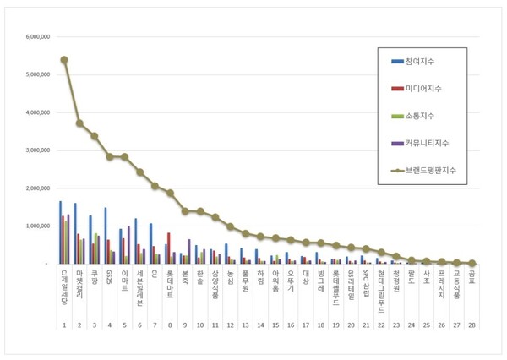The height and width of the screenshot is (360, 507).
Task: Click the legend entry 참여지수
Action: tap(422, 62)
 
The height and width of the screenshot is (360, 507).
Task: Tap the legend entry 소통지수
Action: tap(422, 116)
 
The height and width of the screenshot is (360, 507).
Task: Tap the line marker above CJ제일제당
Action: tap(64, 60)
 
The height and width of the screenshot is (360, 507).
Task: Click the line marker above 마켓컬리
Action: tap(79, 123)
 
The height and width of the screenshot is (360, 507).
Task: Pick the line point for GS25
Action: tap(109, 156)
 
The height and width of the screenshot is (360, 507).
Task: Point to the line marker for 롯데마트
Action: tap(170, 193)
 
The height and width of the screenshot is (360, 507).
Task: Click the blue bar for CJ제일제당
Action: tap(60, 232)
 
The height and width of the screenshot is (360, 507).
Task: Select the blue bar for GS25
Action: tap(106, 236)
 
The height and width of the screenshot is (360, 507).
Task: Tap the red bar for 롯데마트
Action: tap(169, 248)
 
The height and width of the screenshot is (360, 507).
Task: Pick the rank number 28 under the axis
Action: tap(472, 324)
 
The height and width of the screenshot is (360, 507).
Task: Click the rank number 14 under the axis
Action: tap(260, 324)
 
